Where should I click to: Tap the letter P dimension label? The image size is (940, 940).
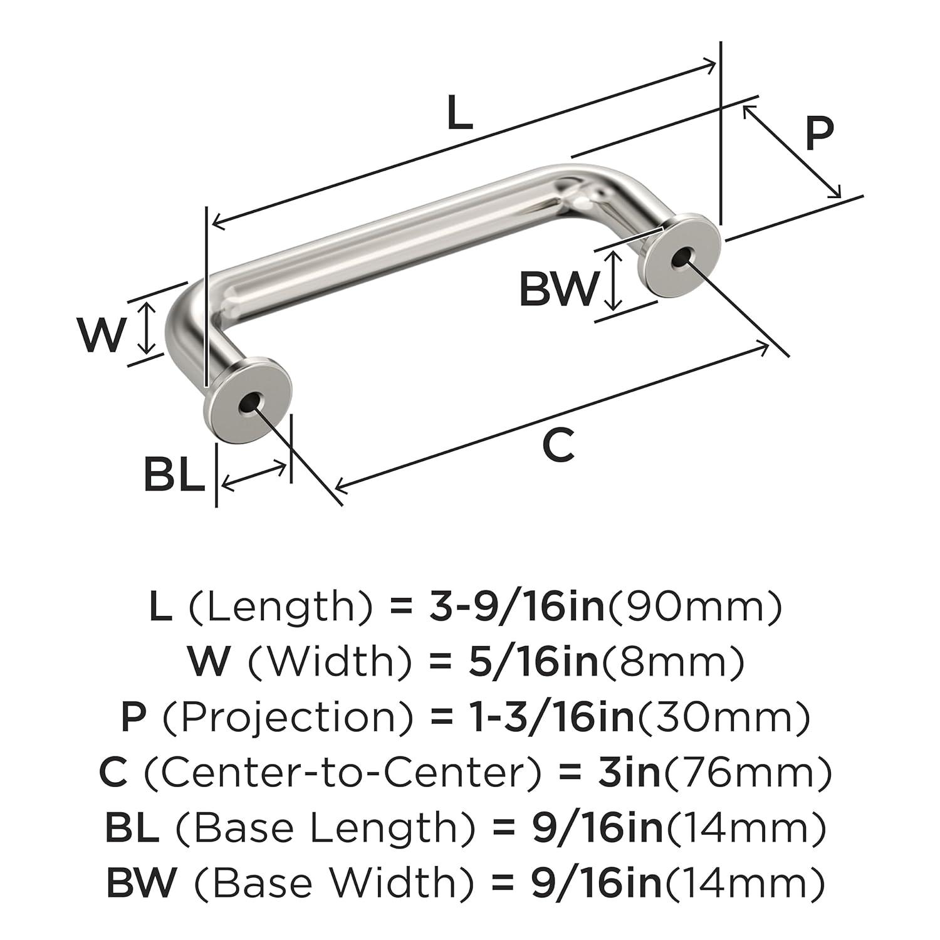coord(819,133)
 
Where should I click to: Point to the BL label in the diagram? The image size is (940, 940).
coord(174,475)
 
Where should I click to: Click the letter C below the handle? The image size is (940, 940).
coord(558,445)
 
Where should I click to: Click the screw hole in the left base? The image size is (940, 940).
coord(249,404)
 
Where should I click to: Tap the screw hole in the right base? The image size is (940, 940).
coord(681,258)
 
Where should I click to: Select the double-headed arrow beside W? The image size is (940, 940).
coord(146,328)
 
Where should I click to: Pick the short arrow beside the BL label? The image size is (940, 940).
coord(254,474)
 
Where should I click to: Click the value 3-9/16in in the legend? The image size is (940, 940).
coord(518,607)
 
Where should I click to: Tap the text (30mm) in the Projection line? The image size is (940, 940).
coord(723,717)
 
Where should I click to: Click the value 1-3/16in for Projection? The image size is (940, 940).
coord(545,717)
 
